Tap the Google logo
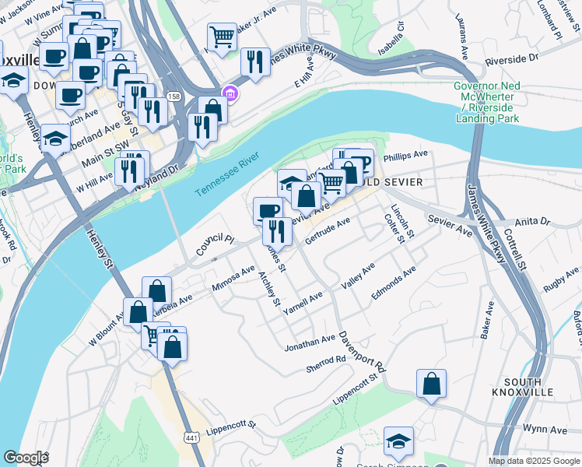pos(25,458)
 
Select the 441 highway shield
pos(189,440)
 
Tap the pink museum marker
pos(230,94)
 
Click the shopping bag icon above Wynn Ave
pos(431,384)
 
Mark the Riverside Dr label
pos(511,58)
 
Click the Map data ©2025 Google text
pos(534,461)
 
